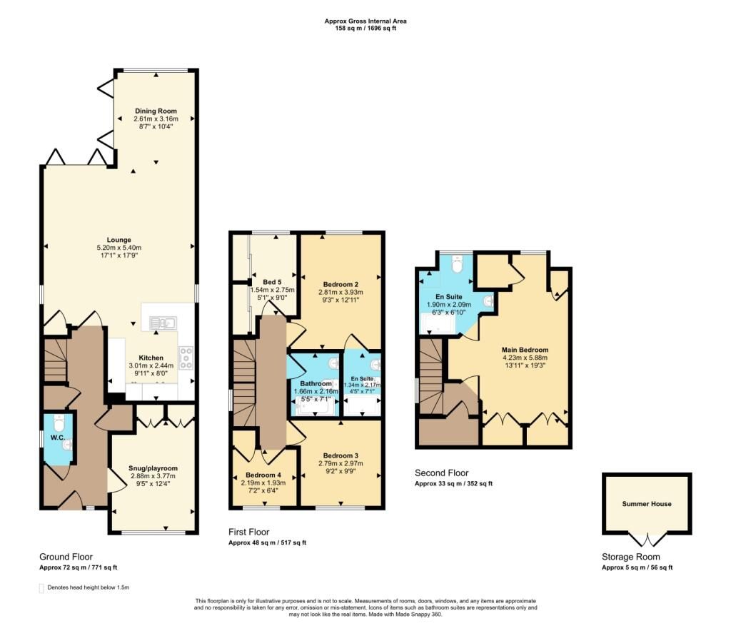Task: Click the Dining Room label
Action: [156, 111]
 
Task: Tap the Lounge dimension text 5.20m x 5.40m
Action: [119, 248]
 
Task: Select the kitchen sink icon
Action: [162, 323]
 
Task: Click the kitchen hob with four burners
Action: [186, 358]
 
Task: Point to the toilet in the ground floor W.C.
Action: [59, 423]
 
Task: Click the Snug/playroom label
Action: [153, 468]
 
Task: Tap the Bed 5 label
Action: [272, 282]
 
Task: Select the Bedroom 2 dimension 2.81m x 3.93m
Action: [341, 292]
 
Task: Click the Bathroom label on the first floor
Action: [316, 383]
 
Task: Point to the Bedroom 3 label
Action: [341, 455]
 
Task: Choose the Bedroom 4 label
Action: [263, 475]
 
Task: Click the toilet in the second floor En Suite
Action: [456, 264]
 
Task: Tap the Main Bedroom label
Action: [525, 350]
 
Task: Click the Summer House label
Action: [647, 504]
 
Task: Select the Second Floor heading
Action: [441, 473]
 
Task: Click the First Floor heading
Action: [249, 532]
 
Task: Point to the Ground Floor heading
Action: [66, 557]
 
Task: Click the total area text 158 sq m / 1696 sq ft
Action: [365, 28]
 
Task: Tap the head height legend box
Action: [41, 588]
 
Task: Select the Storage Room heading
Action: [631, 557]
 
